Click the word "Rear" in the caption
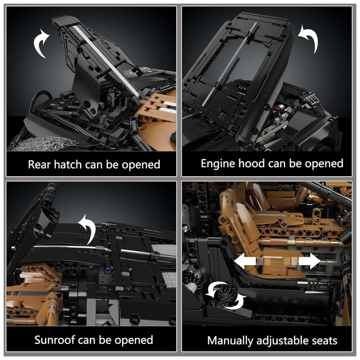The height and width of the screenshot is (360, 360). coord(39,165)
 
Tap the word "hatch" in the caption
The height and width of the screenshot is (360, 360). coord(68,165)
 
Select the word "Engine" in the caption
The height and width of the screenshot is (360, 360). coord(218,164)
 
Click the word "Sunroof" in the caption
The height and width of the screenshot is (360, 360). coord(55,340)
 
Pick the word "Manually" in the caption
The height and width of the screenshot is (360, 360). coord(230,341)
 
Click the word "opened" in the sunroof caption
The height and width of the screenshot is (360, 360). coord(134,340)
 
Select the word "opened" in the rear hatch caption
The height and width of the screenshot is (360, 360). coord(141,165)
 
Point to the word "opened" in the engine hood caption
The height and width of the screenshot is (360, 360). coord(324,164)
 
